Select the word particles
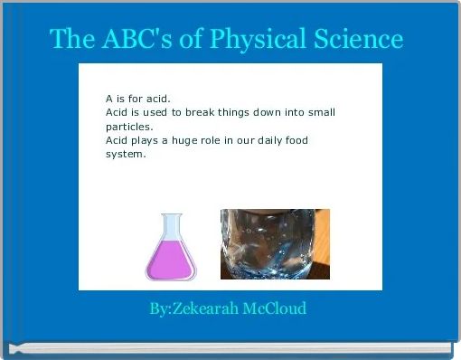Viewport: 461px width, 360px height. [x=129, y=127]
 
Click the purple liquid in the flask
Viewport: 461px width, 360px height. [x=171, y=261]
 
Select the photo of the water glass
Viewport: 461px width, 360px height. [x=275, y=244]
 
